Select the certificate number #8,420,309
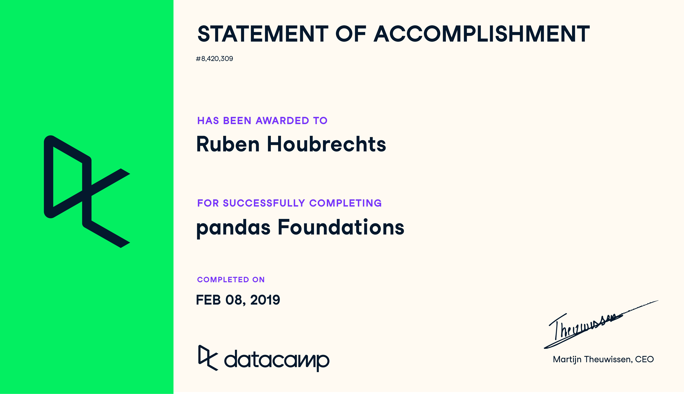214,59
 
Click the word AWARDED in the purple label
282,121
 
